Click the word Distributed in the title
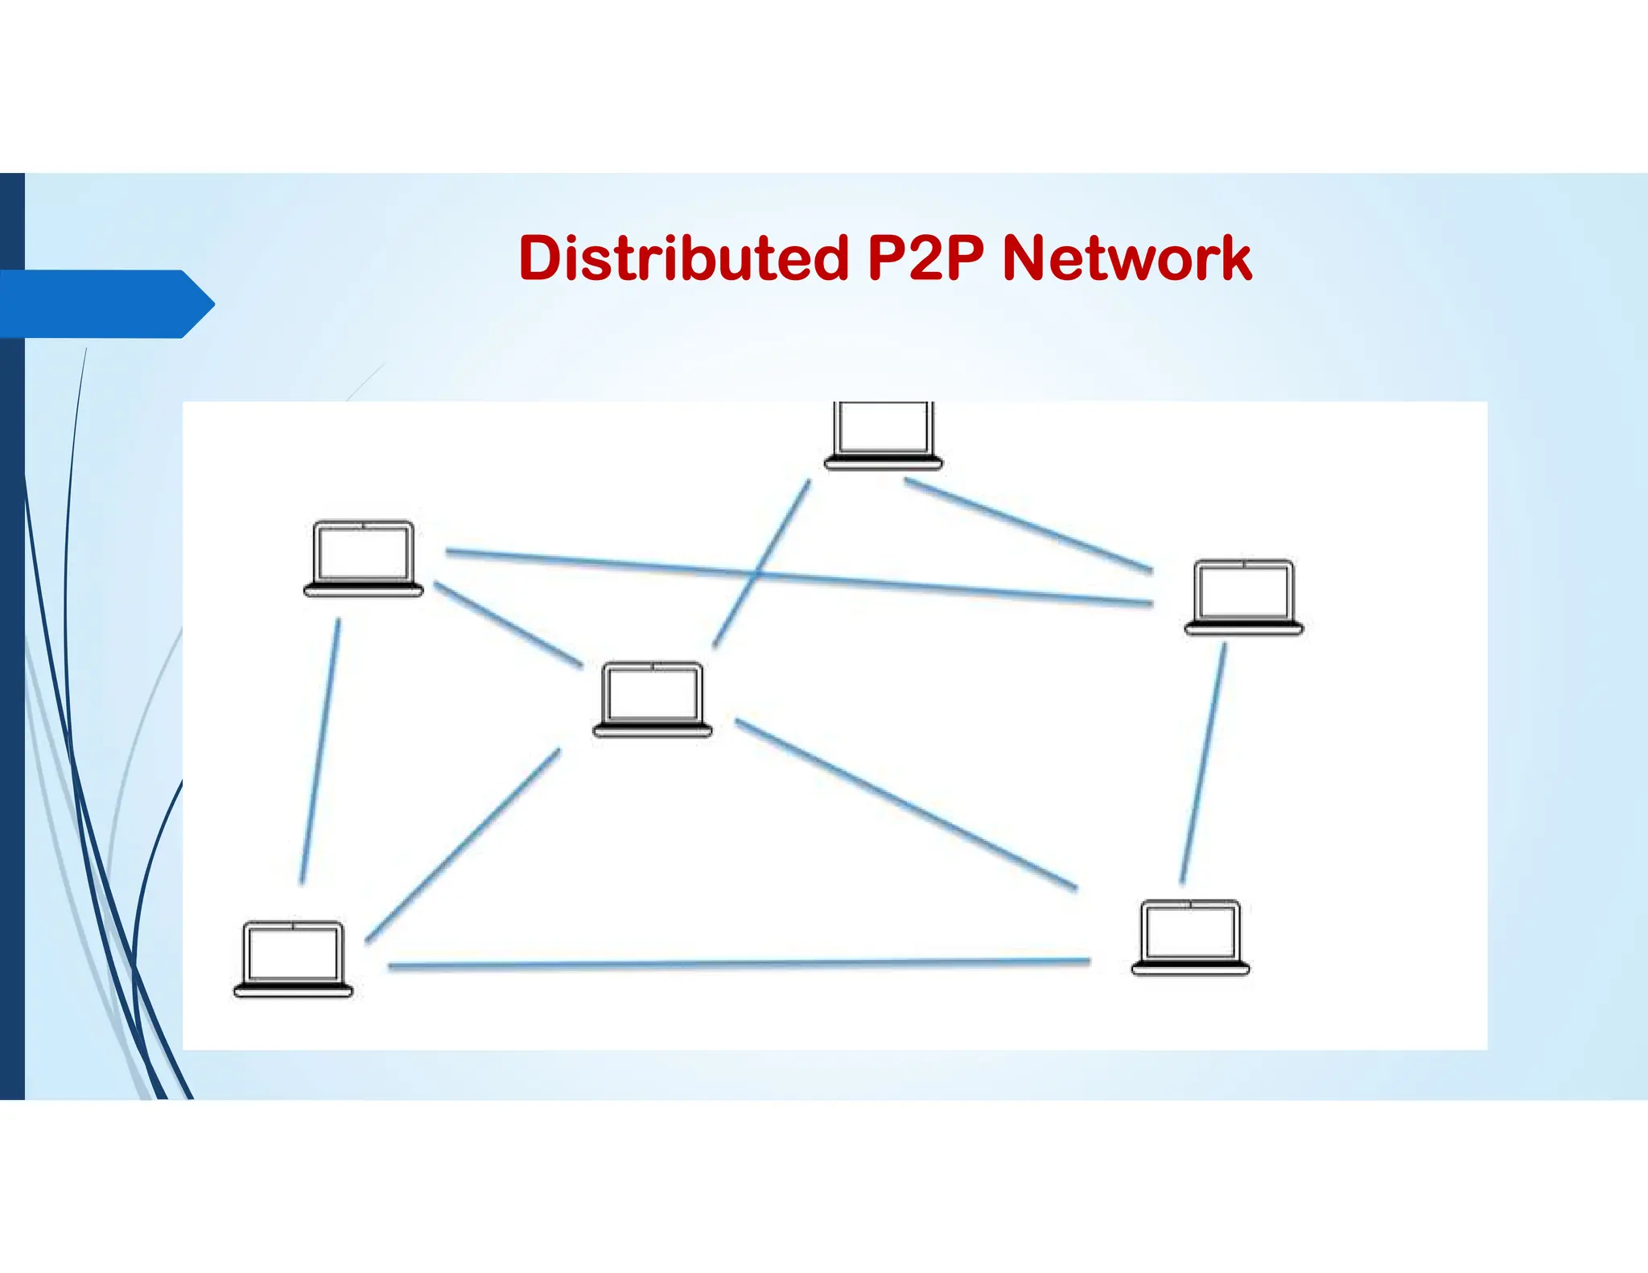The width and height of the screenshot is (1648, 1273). click(x=684, y=258)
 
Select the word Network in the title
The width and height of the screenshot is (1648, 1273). click(x=1127, y=258)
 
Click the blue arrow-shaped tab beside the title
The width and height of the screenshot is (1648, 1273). click(x=105, y=303)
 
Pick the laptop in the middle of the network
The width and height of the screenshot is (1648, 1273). click(x=653, y=698)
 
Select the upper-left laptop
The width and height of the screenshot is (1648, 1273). click(x=364, y=558)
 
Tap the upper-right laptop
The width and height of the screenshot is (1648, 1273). click(x=1244, y=597)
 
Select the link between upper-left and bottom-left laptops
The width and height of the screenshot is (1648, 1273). click(x=320, y=752)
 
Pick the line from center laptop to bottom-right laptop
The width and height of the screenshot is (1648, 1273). click(x=905, y=805)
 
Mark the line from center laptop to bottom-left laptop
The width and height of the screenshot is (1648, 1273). click(x=463, y=845)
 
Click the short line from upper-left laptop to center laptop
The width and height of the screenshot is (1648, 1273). click(x=509, y=624)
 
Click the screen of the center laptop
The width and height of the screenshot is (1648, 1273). click(x=653, y=694)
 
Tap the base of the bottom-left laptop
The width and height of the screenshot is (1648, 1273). click(x=293, y=990)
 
